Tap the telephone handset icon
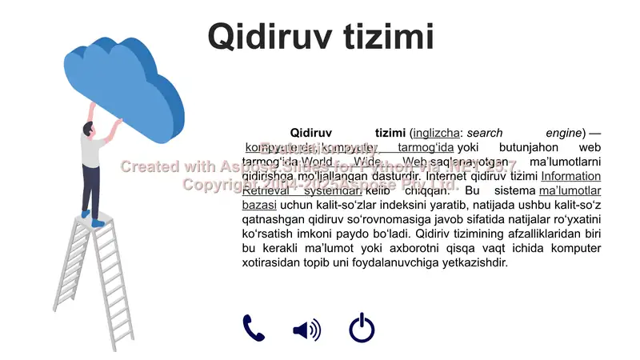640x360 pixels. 254,328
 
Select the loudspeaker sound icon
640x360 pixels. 306,329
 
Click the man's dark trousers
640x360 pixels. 92,189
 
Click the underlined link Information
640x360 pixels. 570,176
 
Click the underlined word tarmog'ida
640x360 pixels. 426,147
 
